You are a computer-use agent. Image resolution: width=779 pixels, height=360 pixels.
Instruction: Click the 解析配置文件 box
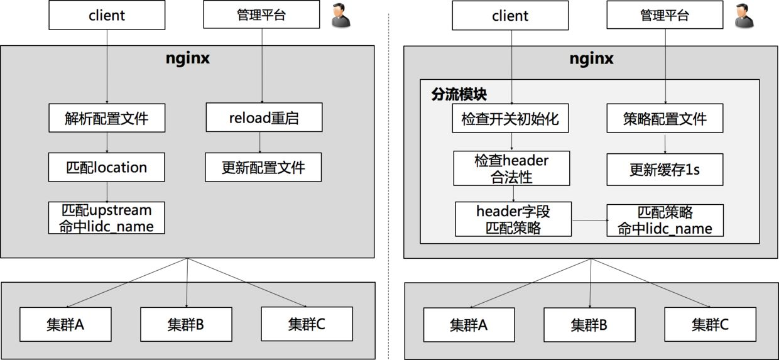pos(107,118)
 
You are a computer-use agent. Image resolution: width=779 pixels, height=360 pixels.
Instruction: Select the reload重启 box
pos(264,117)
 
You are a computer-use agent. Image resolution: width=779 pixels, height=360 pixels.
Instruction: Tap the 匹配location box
pos(107,167)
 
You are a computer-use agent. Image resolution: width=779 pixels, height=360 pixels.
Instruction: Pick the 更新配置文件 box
pos(263,167)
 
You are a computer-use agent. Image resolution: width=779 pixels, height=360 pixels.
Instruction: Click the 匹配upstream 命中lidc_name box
pos(107,218)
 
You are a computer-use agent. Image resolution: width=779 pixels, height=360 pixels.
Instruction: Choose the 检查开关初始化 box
pos(510,118)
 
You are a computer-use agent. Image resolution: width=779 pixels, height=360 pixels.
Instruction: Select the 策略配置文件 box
pos(665,118)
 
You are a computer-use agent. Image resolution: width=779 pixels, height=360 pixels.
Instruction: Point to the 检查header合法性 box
pos(511,168)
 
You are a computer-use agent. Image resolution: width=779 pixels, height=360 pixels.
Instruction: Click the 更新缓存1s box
pos(665,170)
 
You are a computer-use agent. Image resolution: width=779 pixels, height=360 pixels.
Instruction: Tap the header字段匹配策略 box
pos(513,219)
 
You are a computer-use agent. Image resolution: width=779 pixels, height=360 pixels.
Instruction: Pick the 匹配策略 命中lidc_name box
pos(665,220)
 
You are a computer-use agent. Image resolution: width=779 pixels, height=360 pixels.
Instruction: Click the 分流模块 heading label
pos(459,94)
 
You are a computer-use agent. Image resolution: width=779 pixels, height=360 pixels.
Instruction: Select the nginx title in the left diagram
pos(188,58)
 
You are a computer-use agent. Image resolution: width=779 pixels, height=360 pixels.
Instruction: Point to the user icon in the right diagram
pos(744,16)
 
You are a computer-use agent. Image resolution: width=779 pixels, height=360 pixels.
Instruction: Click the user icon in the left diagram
pos(341,16)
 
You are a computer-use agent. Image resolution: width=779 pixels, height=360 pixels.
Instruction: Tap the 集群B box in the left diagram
pos(186,324)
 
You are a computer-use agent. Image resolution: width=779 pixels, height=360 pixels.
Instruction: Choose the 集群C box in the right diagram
pos(710,325)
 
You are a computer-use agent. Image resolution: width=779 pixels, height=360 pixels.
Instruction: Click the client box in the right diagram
pos(510,16)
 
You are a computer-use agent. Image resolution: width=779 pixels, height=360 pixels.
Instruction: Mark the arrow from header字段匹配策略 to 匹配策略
pos(589,220)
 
